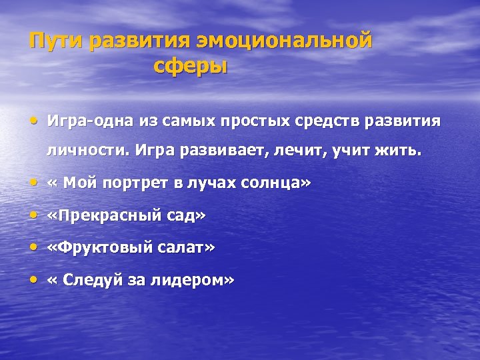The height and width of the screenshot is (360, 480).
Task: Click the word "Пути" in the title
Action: pos(56,41)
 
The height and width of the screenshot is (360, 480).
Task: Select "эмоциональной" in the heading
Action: pos(283,41)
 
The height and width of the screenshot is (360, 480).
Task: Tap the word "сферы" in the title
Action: pos(190,67)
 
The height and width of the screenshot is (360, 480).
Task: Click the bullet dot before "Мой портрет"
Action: pos(34,182)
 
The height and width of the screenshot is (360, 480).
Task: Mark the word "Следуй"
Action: pos(89,281)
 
